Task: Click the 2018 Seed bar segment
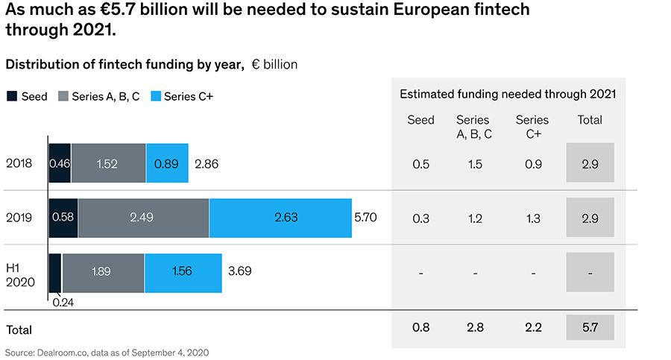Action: (x=60, y=163)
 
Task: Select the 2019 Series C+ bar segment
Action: (x=280, y=218)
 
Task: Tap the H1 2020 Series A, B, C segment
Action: (x=103, y=272)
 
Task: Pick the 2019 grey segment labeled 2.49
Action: (x=143, y=218)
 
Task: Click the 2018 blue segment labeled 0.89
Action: (x=167, y=163)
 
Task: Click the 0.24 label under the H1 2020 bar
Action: (x=63, y=303)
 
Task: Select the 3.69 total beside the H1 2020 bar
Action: (x=239, y=272)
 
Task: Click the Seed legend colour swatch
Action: (x=11, y=96)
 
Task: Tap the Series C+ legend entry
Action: (x=182, y=96)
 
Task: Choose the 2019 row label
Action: (x=18, y=218)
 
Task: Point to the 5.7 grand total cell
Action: (x=590, y=327)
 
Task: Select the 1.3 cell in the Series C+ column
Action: (x=532, y=218)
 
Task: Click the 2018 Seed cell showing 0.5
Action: (x=420, y=163)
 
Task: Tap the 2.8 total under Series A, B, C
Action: (x=474, y=327)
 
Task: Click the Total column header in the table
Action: (x=590, y=120)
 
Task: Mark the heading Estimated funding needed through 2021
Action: (x=508, y=94)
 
